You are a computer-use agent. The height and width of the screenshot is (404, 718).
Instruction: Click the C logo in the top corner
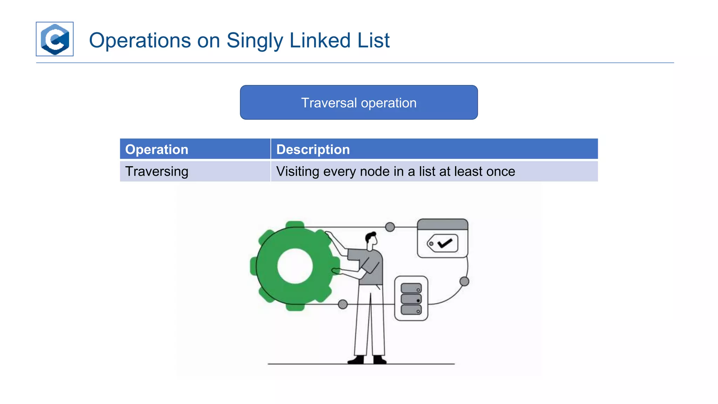pyautogui.click(x=55, y=39)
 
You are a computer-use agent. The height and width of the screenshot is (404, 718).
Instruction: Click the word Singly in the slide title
pyautogui.click(x=255, y=40)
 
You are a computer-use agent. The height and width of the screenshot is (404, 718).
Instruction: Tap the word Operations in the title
pyautogui.click(x=140, y=40)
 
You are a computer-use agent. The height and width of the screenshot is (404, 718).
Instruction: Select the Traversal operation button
pyautogui.click(x=359, y=102)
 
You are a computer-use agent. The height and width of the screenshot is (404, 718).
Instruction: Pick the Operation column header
pyautogui.click(x=157, y=149)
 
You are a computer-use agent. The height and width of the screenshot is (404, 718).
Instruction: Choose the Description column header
pyautogui.click(x=313, y=149)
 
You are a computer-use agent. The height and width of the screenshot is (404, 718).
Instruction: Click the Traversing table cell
pyautogui.click(x=157, y=171)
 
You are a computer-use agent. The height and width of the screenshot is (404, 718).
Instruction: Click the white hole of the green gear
pyautogui.click(x=295, y=266)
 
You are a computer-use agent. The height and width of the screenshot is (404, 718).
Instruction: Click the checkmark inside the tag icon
pyautogui.click(x=445, y=243)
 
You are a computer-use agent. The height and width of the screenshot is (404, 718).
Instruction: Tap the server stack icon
pyautogui.click(x=411, y=299)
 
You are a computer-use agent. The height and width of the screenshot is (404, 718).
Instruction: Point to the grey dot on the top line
pyautogui.click(x=390, y=227)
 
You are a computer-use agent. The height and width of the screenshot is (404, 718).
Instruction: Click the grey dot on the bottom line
pyautogui.click(x=343, y=304)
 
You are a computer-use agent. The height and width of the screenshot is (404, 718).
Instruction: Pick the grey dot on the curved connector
pyautogui.click(x=464, y=281)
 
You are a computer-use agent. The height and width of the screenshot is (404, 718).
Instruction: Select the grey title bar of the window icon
pyautogui.click(x=442, y=224)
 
